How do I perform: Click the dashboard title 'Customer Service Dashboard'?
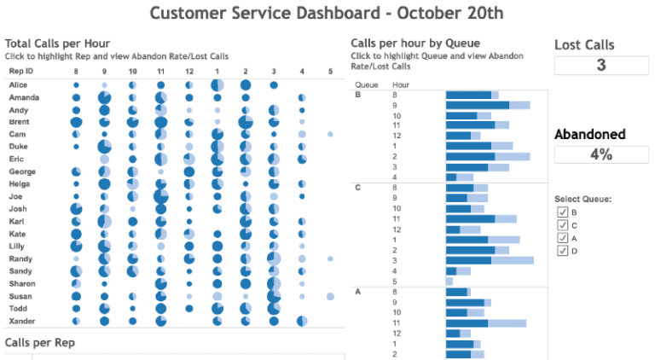tap(326, 14)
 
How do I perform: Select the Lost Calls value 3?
tap(600, 66)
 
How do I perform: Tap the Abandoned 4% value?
tap(600, 154)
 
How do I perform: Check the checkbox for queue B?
tap(562, 212)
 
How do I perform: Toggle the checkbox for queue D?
tap(562, 251)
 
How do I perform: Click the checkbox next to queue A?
tap(562, 238)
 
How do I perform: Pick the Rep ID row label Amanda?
tap(24, 98)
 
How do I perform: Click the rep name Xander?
tap(22, 321)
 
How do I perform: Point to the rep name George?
tap(23, 171)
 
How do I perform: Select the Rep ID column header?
tap(22, 72)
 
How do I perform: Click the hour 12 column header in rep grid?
tap(188, 72)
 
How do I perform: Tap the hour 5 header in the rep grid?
tap(330, 72)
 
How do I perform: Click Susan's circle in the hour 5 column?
tap(330, 296)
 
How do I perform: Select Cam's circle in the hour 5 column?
tap(330, 135)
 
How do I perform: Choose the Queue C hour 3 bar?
tap(489, 260)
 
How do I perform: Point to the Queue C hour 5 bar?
tap(449, 281)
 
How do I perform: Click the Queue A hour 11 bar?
tap(485, 323)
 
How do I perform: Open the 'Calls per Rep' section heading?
tap(39, 342)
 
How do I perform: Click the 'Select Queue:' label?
tap(583, 199)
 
